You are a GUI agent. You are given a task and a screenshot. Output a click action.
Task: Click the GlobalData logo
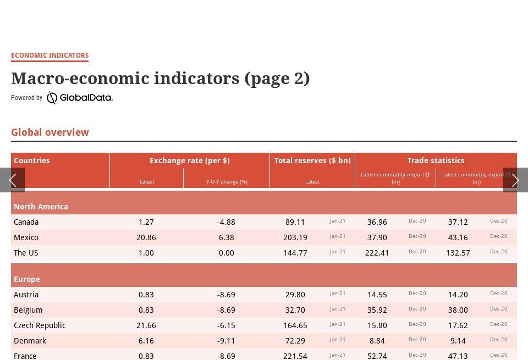tap(80, 98)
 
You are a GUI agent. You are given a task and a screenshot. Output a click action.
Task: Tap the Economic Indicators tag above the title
tap(50, 56)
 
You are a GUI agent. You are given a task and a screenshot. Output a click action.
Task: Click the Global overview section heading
tap(50, 132)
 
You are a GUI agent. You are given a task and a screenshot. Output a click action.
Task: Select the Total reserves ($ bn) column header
tap(312, 160)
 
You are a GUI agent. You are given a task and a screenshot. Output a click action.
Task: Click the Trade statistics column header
tap(436, 160)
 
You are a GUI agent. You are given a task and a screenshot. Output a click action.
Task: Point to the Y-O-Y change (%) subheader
tap(227, 182)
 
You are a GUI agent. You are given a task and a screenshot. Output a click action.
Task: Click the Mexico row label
tap(26, 237)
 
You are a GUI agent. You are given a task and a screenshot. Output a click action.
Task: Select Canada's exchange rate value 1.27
tap(146, 222)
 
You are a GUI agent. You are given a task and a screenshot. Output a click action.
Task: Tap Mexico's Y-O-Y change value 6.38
tap(226, 237)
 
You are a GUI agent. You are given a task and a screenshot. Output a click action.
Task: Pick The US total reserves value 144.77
tap(295, 253)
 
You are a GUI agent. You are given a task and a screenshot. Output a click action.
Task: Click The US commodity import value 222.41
tap(377, 253)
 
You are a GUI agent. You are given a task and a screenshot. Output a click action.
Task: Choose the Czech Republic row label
tap(40, 325)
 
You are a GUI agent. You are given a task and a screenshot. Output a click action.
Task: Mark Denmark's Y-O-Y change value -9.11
tap(226, 341)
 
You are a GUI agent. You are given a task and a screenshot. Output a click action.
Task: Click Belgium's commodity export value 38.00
tap(458, 310)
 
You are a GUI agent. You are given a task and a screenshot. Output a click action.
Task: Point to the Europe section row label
tap(27, 279)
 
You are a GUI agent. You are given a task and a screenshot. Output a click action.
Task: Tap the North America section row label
tap(41, 207)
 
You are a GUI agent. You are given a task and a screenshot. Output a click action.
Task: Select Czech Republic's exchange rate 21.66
tap(146, 325)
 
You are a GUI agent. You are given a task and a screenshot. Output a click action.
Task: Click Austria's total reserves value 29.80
tap(295, 295)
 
